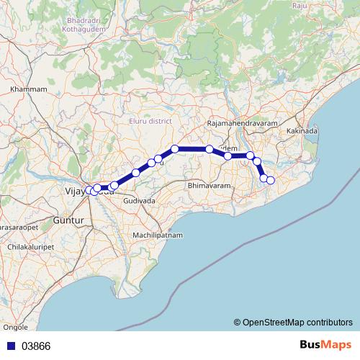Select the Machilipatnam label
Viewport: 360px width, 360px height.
pyautogui.click(x=158, y=235)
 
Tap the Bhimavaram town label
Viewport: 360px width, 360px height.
pyautogui.click(x=207, y=186)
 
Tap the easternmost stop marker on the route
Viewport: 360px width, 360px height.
pyautogui.click(x=271, y=180)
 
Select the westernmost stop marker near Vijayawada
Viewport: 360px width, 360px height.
pyautogui.click(x=89, y=190)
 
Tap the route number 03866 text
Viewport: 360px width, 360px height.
pyautogui.click(x=36, y=346)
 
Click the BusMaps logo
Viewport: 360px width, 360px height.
pyautogui.click(x=326, y=345)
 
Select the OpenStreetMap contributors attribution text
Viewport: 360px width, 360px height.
pyautogui.click(x=293, y=323)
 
